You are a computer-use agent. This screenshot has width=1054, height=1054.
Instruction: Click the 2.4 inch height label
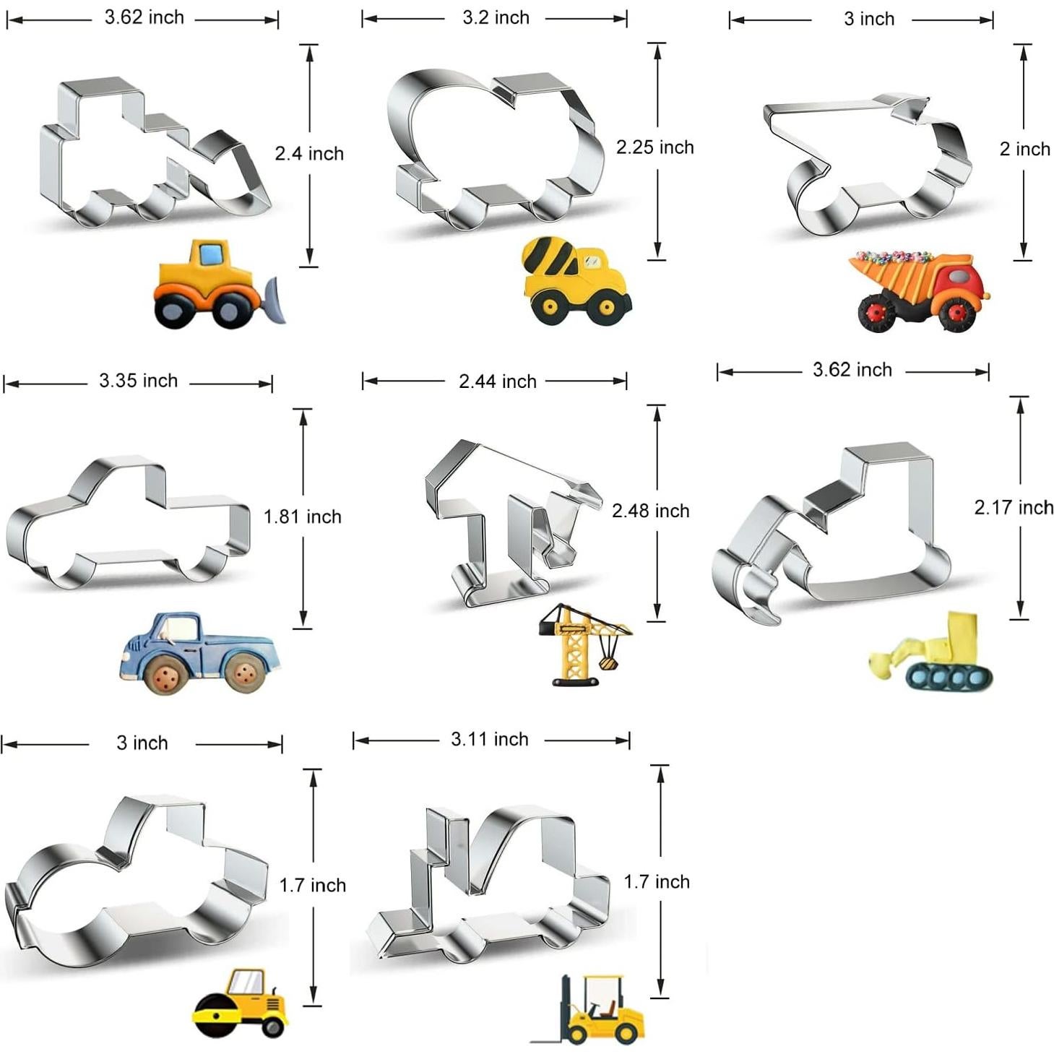(309, 154)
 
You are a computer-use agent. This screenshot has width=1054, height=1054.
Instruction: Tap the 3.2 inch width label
(496, 18)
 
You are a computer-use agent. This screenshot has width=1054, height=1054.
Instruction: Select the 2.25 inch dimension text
(655, 147)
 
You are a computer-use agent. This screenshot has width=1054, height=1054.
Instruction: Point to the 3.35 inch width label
(139, 381)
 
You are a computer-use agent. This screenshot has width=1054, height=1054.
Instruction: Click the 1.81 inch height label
(303, 517)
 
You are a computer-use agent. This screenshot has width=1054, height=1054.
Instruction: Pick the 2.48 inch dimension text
(650, 511)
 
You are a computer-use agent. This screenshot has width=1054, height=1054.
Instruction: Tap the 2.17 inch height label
(1014, 507)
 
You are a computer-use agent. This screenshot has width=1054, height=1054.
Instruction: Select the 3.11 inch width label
(490, 740)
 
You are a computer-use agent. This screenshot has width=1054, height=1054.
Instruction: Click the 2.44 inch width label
(498, 381)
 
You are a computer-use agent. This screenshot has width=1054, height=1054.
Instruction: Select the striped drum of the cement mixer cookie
(548, 257)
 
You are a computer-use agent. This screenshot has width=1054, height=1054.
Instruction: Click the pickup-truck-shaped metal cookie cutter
(129, 522)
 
